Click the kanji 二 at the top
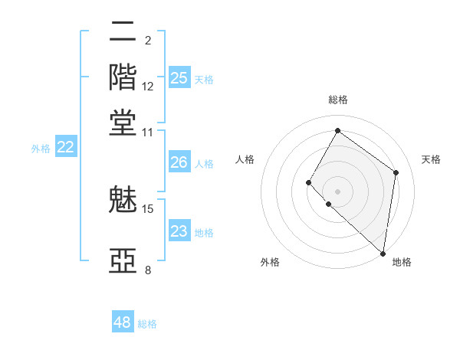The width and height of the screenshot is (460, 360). tap(123, 33)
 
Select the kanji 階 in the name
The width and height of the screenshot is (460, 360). tap(123, 78)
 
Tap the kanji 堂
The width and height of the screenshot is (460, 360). tap(123, 123)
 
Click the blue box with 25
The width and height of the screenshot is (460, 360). tap(179, 78)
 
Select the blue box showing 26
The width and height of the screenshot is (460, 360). tap(179, 162)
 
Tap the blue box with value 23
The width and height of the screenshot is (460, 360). tap(179, 231)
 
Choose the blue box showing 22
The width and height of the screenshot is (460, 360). tap(66, 148)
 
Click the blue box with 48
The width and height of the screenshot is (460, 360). tap(123, 322)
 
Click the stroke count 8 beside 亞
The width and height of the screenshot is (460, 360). tap(148, 270)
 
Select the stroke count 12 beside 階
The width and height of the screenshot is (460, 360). tap(148, 87)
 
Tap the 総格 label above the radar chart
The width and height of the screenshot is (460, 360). tap(337, 100)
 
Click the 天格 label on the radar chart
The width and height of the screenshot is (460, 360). tap(431, 159)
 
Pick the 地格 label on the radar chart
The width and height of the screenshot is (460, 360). tap(402, 262)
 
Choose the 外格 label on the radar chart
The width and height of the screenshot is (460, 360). tap(270, 262)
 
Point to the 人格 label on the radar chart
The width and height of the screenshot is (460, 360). tap(245, 159)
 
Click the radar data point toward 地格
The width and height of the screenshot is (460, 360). tap(383, 253)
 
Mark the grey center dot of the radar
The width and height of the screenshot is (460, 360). tap(337, 191)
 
